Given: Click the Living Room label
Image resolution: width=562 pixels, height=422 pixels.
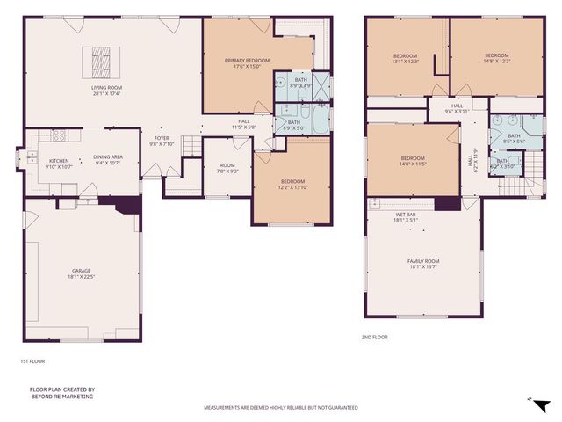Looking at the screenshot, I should coord(106,90).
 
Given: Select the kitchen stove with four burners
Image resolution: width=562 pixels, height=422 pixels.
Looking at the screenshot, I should coord(61,135).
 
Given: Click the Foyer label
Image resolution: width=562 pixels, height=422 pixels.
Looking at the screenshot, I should coord(162,141).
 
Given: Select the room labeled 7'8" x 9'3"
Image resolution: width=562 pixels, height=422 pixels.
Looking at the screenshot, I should coord(227,168).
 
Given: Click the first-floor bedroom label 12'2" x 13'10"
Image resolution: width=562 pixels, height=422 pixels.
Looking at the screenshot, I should coord(292,185).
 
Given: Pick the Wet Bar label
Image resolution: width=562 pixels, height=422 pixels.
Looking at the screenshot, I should coord(405,217).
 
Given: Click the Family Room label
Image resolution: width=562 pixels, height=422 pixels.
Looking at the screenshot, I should coord(423,264).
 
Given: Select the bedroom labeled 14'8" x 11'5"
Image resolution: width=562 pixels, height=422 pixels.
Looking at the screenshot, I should coord(413,161).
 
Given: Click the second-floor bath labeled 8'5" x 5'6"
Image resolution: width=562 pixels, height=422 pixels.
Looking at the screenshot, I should coord(514,139).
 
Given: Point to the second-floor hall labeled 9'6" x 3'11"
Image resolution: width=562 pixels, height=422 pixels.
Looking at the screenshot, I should coord(458,110).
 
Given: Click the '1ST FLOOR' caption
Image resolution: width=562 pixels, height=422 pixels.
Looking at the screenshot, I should coord(32,361).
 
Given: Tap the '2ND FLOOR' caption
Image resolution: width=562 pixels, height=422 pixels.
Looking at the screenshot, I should coord(374,337).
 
